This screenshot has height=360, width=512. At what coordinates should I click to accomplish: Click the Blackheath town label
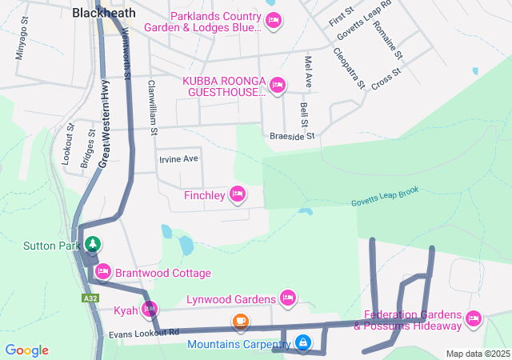pos(104,13)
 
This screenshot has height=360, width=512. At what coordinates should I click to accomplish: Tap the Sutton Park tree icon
pos(93,244)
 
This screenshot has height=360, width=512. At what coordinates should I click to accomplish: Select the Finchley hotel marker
pos(238,194)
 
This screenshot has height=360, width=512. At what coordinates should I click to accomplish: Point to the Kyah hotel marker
pos(150,308)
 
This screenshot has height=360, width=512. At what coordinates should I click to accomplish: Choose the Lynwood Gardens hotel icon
pos(288,298)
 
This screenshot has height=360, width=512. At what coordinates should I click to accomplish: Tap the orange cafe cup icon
pos(240,322)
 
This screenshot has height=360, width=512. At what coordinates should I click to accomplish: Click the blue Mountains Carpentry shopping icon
pos(303,343)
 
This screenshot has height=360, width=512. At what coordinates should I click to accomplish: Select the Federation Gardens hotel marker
pos(474,319)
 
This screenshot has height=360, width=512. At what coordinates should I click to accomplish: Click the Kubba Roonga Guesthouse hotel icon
pos(278,85)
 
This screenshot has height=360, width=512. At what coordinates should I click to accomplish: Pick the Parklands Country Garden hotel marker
pos(274,20)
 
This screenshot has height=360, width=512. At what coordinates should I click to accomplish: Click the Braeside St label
pos(293,136)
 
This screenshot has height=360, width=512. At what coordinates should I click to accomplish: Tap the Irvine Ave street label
pos(178,158)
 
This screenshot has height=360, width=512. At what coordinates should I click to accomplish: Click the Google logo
pos(27,350)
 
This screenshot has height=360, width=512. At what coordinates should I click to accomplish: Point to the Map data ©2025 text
pos(477,354)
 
